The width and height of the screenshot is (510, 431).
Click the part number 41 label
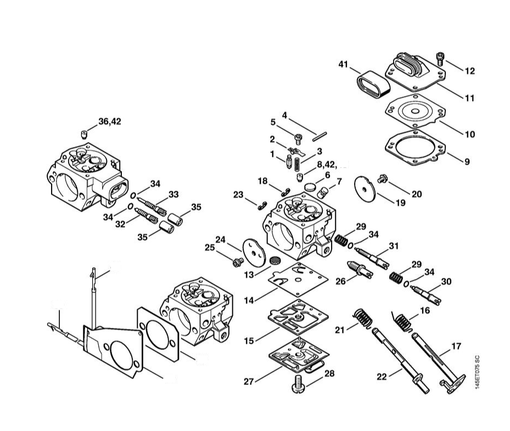coord(343,64)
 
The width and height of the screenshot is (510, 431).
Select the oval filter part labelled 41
coord(373,84)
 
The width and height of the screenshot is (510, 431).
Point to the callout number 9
coord(467,161)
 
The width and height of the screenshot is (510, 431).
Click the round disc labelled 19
coord(365,189)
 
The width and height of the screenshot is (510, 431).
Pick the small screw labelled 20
coord(382,178)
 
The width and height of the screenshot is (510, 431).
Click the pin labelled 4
coord(319,137)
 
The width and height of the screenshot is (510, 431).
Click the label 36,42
coord(110,122)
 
